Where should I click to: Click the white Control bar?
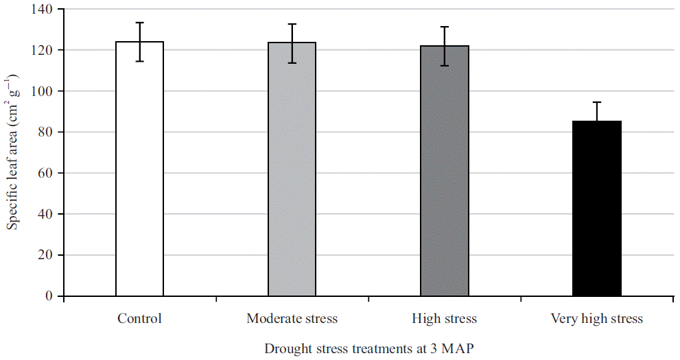139,171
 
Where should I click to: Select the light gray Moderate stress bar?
292,171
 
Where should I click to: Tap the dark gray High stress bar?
445,171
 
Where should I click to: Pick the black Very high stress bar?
597,209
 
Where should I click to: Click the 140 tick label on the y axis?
43,10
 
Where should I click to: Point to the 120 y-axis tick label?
43,50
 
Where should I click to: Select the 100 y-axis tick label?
43,91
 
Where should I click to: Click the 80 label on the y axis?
45,132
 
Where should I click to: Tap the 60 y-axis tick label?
45,173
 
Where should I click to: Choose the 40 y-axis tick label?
45,214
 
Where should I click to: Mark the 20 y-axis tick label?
45,255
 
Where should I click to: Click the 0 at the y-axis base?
48,296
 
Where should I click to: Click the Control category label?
139,319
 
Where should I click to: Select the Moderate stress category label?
292,319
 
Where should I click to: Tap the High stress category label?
444,319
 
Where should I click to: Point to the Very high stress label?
597,319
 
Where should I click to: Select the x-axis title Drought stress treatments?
369,348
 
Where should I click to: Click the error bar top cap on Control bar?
139,23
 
